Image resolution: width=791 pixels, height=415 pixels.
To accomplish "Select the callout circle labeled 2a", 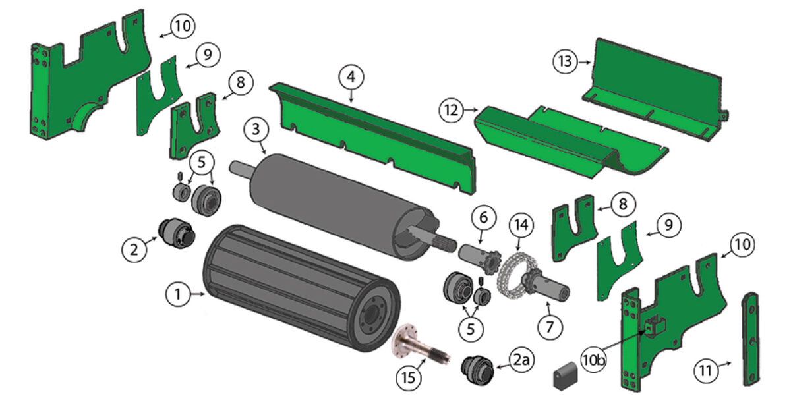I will pyautogui.click(x=521, y=360).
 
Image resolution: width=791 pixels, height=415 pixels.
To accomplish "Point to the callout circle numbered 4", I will pyautogui.click(x=351, y=78).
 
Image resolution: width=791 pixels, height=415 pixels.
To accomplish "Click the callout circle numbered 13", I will pyautogui.click(x=566, y=62).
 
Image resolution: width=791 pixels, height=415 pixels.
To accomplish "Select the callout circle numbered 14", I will pyautogui.click(x=521, y=225).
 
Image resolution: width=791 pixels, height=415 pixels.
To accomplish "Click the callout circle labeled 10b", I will pyautogui.click(x=595, y=360).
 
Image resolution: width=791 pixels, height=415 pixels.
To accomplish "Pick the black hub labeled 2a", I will pyautogui.click(x=483, y=366).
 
